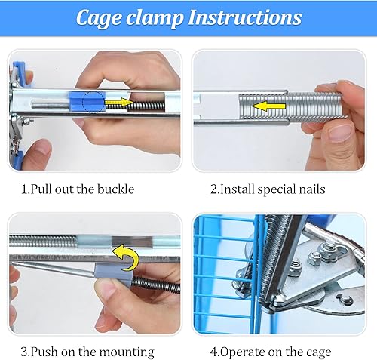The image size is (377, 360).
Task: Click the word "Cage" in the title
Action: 98,18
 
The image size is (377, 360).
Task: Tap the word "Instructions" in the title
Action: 245,17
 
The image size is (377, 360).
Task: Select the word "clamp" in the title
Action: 155,19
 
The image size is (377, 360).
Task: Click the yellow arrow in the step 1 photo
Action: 119,103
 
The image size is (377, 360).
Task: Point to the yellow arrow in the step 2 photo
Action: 268,106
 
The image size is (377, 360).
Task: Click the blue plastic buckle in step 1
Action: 87,101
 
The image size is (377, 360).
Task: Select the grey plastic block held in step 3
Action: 114,274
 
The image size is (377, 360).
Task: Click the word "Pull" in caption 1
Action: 41,189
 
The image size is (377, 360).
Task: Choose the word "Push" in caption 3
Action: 44,352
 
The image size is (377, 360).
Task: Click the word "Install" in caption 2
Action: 238,189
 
